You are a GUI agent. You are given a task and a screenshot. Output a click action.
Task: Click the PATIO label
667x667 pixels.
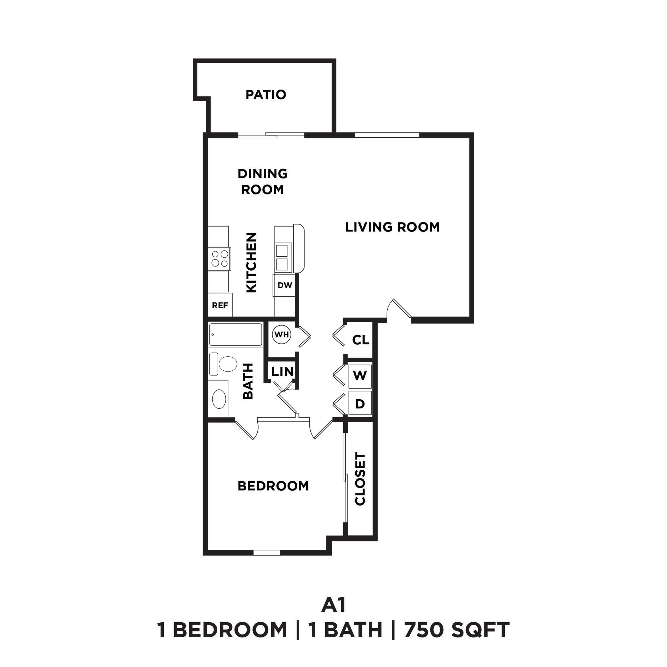pyautogui.click(x=265, y=94)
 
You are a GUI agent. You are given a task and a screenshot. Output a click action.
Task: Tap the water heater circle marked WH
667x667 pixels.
pyautogui.click(x=281, y=334)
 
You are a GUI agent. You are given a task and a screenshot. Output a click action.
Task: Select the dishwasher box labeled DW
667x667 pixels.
pyautogui.click(x=284, y=285)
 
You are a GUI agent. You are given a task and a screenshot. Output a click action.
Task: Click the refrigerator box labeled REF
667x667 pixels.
pyautogui.click(x=220, y=305)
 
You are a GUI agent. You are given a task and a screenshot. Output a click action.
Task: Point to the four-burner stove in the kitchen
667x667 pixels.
pyautogui.click(x=220, y=259)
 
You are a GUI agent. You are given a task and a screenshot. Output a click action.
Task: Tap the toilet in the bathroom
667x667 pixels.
pyautogui.click(x=224, y=364)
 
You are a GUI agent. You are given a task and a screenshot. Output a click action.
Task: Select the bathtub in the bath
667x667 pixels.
pyautogui.click(x=235, y=334)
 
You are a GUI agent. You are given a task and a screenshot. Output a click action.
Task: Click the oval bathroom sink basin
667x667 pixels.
pyautogui.click(x=219, y=399)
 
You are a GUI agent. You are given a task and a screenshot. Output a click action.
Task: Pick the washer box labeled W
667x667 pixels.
pyautogui.click(x=360, y=375)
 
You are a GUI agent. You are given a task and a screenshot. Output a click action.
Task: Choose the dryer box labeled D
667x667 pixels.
pyautogui.click(x=360, y=404)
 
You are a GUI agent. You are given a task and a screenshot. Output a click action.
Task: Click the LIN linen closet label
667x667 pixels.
pyautogui.click(x=282, y=372)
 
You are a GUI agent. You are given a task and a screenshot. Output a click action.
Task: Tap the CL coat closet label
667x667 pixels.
pyautogui.click(x=361, y=340)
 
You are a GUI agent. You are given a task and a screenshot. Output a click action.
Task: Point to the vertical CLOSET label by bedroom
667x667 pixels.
pyautogui.click(x=360, y=479)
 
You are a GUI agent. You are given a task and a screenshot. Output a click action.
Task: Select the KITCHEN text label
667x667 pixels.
pyautogui.click(x=251, y=263)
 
